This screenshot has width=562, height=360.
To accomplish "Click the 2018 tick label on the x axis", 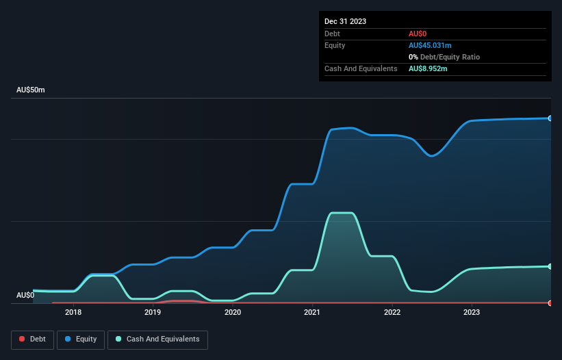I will click(x=73, y=313).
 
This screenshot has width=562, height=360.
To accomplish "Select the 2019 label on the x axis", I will click(x=153, y=313).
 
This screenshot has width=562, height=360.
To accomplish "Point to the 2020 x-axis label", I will click(x=233, y=313).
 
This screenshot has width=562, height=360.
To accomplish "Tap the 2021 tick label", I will click(x=312, y=313).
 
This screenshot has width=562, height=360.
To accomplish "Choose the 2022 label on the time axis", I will click(x=392, y=313).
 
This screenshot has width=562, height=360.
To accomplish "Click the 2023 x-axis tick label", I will click(x=472, y=313).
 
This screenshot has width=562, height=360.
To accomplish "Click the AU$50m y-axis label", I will click(x=31, y=90).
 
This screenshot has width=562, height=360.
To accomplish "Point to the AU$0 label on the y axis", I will click(x=25, y=295).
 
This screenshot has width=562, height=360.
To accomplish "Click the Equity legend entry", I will click(x=81, y=339).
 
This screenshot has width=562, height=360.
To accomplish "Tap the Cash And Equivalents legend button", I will click(x=157, y=339).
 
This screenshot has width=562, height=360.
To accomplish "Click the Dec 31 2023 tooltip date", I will click(x=345, y=21).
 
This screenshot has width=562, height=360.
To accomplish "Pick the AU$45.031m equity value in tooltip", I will click(x=430, y=45).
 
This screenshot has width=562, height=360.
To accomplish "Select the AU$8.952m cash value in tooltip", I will click(x=428, y=68).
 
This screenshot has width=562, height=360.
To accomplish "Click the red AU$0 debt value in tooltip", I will click(x=418, y=34).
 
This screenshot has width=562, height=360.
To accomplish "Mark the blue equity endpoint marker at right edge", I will click(x=550, y=118).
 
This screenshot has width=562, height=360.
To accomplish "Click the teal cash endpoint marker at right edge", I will click(x=550, y=266).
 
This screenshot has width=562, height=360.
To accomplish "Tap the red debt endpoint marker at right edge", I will click(x=550, y=303).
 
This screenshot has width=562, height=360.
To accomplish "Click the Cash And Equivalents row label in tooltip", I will click(x=361, y=68).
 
